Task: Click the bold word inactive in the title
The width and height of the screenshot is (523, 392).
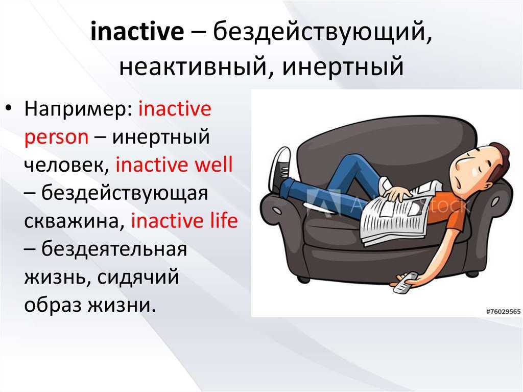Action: (x=137, y=31)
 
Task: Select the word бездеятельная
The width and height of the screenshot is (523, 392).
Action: (x=114, y=249)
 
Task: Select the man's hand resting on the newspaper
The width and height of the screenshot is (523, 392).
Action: (x=397, y=193)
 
